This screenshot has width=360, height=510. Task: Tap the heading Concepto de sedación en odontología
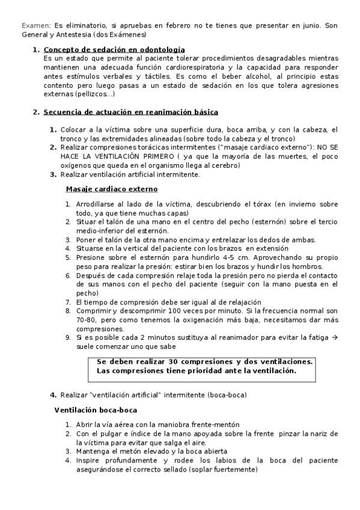point(114,49)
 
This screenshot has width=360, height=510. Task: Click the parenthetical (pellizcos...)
point(94,94)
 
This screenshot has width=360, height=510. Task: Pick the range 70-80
point(85,320)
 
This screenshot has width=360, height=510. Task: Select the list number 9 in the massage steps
point(69,337)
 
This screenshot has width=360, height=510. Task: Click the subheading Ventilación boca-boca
point(96,410)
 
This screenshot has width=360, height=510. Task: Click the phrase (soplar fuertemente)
point(222,470)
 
